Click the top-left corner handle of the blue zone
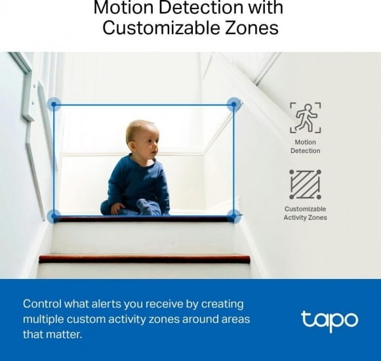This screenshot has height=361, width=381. [54, 104]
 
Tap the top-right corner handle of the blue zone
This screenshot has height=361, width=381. [233, 104]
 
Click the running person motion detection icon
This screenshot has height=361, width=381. [305, 117]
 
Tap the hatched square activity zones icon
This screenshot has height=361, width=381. [305, 184]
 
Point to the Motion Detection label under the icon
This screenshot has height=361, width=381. [305, 146]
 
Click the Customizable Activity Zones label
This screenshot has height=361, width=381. [305, 213]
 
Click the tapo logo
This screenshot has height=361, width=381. [329, 320]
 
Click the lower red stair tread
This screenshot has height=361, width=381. [144, 259]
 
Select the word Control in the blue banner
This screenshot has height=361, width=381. [43, 305]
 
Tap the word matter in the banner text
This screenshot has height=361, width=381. [66, 335]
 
